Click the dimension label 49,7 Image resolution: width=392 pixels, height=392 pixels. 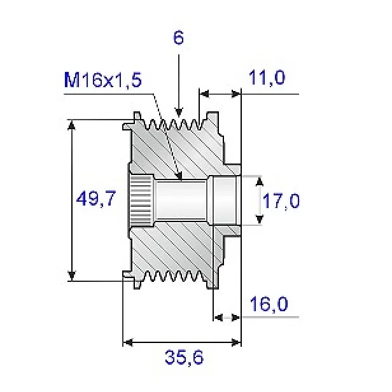[95, 200]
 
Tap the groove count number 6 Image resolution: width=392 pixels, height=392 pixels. [179, 38]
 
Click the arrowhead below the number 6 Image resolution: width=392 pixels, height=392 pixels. [179, 112]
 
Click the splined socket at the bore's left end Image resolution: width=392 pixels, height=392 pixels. [141, 200]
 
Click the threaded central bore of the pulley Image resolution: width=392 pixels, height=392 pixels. [181, 200]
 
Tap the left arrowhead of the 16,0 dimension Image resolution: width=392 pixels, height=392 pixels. [216, 316]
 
